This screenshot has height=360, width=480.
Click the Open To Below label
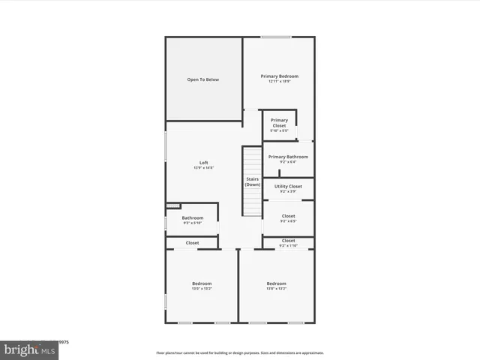pyautogui.click(x=203, y=79)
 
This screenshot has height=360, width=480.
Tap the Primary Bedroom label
pyautogui.click(x=279, y=76)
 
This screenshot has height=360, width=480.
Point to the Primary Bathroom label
pyautogui.click(x=288, y=157)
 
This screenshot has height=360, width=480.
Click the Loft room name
pyautogui.click(x=203, y=163)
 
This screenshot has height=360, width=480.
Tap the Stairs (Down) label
pyautogui.click(x=252, y=181)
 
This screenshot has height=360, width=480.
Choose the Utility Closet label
pyautogui.click(x=288, y=186)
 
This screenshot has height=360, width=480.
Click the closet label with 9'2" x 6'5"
pyautogui.click(x=288, y=216)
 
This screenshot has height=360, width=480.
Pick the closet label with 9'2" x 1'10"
pyautogui.click(x=288, y=241)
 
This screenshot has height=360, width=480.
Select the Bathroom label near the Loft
pyautogui.click(x=192, y=217)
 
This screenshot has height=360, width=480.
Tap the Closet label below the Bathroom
pyautogui.click(x=192, y=243)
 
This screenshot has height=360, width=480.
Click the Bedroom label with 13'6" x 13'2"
pyautogui.click(x=202, y=283)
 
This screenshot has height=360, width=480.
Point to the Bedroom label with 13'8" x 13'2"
pyautogui.click(x=276, y=283)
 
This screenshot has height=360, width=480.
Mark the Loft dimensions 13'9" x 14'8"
pyautogui.click(x=203, y=168)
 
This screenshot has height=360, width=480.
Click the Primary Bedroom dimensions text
pyautogui.click(x=279, y=82)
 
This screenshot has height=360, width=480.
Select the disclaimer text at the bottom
pyautogui.click(x=239, y=352)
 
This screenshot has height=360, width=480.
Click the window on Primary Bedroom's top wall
pyautogui.click(x=275, y=37)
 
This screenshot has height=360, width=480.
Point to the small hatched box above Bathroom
pyautogui.click(x=173, y=205)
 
